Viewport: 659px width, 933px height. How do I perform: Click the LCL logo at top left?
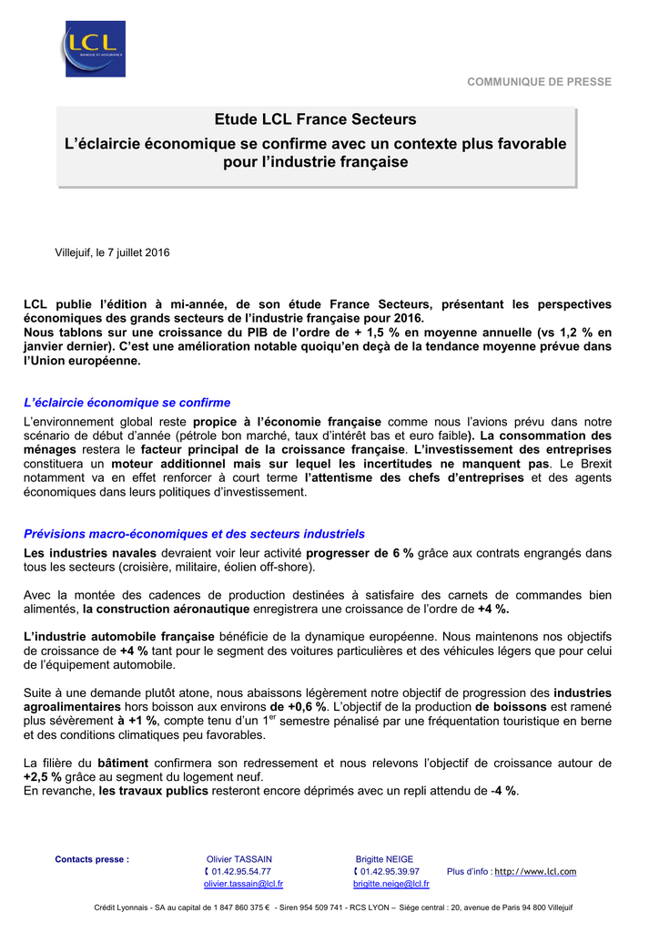(95, 49)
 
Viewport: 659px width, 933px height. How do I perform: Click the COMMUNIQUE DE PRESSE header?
(539, 82)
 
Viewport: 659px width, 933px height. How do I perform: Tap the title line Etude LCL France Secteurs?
(315, 119)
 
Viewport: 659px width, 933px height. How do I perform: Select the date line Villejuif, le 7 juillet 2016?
(112, 252)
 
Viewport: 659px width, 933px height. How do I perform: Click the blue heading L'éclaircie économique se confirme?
(127, 402)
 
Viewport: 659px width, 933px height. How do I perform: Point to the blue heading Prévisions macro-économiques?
(194, 533)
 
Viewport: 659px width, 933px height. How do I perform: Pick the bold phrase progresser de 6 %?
(360, 553)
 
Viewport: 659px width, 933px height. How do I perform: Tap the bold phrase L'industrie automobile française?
(119, 636)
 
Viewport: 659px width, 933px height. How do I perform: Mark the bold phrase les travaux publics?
(153, 791)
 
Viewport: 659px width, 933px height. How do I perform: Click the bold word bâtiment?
(123, 763)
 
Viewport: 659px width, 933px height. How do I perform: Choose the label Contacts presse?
(92, 859)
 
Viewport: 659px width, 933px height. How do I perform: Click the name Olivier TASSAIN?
(239, 859)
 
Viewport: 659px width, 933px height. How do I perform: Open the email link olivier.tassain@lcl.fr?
(243, 884)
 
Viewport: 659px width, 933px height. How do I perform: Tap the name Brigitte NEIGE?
(384, 859)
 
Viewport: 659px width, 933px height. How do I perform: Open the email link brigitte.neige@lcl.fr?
(391, 884)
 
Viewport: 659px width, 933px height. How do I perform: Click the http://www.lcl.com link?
(535, 872)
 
